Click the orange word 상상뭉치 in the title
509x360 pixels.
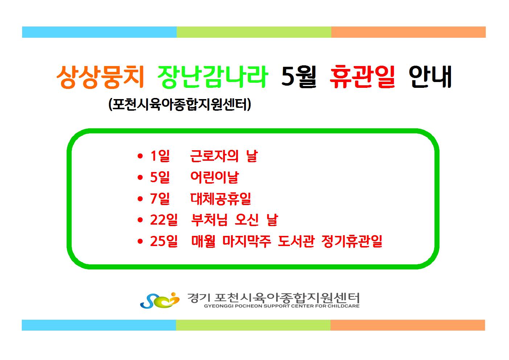100,77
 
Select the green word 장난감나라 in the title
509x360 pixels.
213,77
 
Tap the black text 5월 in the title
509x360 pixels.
299,77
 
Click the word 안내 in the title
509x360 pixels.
430,77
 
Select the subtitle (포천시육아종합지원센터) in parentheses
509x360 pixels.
180,104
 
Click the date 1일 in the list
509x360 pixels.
160,156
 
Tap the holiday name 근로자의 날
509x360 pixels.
224,156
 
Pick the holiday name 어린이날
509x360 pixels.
214,177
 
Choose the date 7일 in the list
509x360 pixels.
160,199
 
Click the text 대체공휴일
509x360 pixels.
221,199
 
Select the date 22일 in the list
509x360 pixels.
164,220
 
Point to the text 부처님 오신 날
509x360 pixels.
234,220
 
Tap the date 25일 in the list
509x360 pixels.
164,241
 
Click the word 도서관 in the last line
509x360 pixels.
296,241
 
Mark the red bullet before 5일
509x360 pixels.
140,177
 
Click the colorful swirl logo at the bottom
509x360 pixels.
160,300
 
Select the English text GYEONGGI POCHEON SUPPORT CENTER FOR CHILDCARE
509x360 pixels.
282,306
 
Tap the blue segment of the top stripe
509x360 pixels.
99,32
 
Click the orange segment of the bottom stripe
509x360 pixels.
408,325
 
